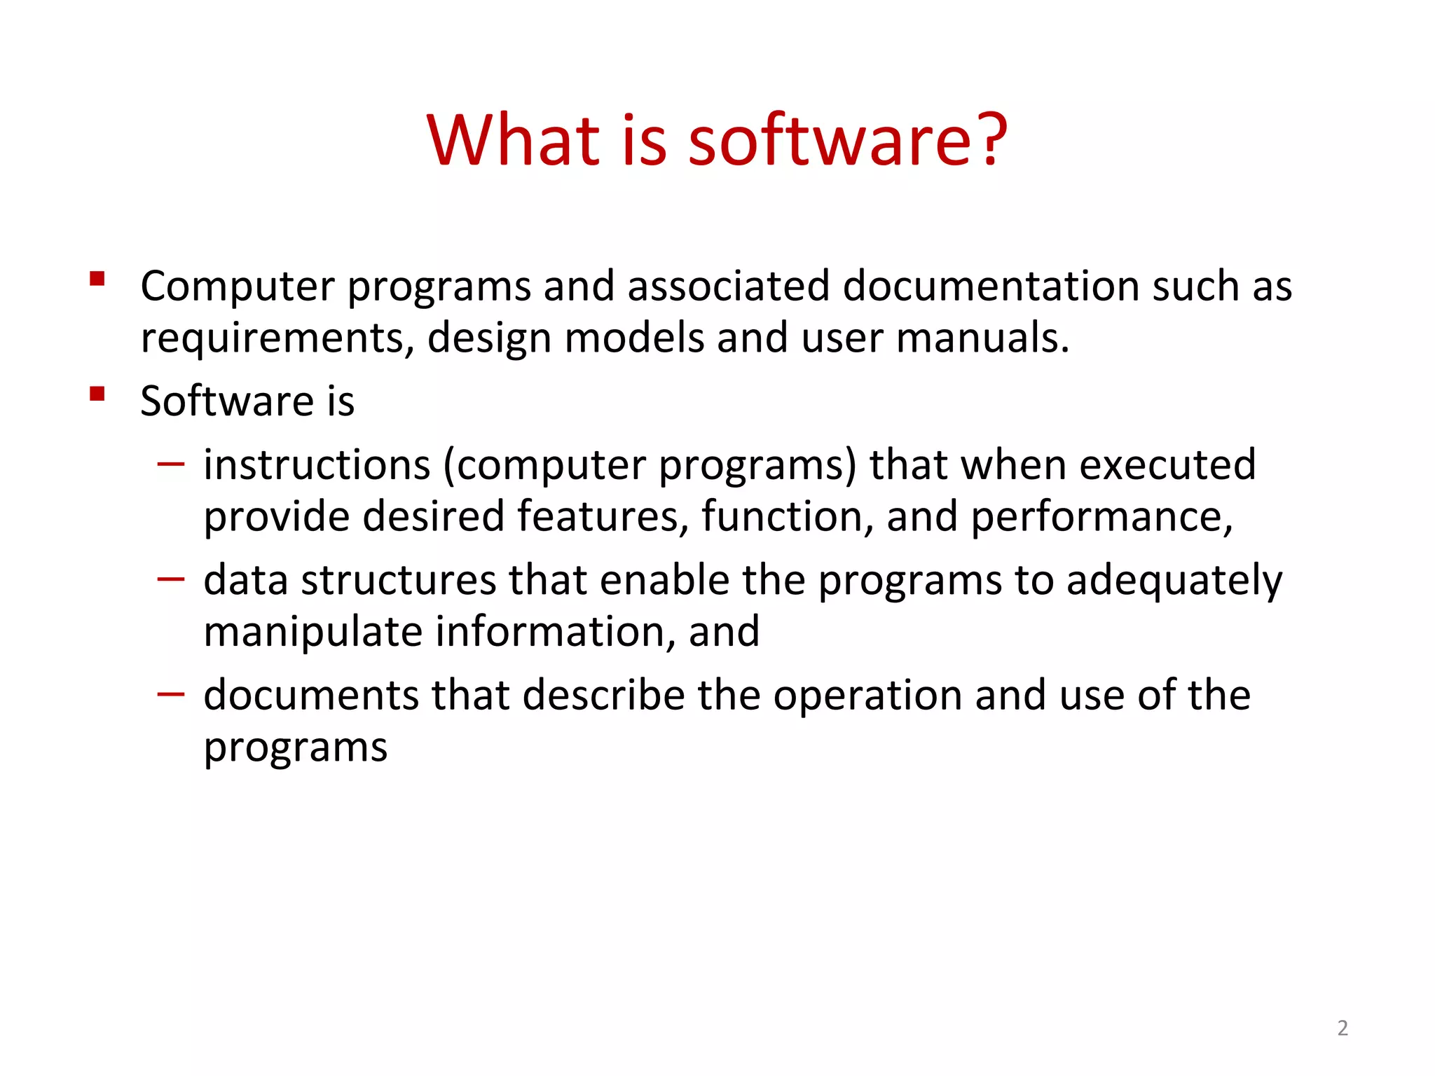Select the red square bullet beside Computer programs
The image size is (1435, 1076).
pos(97,280)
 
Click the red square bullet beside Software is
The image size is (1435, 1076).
pos(97,394)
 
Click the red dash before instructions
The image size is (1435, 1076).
pos(171,463)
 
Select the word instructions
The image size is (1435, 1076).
pos(317,465)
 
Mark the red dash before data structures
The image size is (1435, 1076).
pos(171,579)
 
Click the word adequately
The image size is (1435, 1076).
pos(1174,581)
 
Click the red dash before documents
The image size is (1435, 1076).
pos(171,694)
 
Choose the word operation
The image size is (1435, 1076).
pos(868,697)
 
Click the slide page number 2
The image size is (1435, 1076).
pos(1342,1028)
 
